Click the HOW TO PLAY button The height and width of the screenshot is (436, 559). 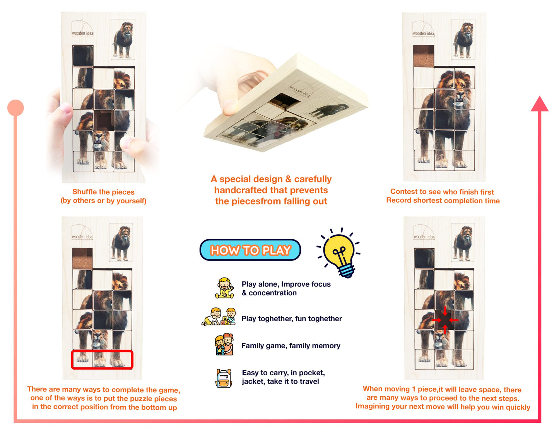[x=250, y=250]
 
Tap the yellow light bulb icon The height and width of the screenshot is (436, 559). [x=339, y=252]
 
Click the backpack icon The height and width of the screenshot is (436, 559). [x=224, y=378]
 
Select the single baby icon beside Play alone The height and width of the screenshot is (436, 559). [x=224, y=288]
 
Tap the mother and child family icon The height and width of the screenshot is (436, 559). [x=224, y=345]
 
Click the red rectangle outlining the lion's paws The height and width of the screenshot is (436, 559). [x=102, y=360]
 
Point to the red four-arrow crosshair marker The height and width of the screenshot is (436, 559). [x=445, y=320]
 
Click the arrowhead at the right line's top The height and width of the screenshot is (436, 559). [x=540, y=104]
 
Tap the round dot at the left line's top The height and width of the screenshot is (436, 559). [x=15, y=108]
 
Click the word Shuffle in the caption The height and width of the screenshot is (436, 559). [x=84, y=192]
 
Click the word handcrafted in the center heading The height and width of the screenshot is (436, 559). [x=238, y=190]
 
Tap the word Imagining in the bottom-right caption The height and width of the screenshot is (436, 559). [x=373, y=407]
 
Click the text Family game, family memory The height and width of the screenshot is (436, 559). [x=291, y=346]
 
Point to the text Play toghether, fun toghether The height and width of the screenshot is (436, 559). [x=292, y=318]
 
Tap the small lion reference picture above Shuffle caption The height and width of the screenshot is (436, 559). [x=123, y=39]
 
